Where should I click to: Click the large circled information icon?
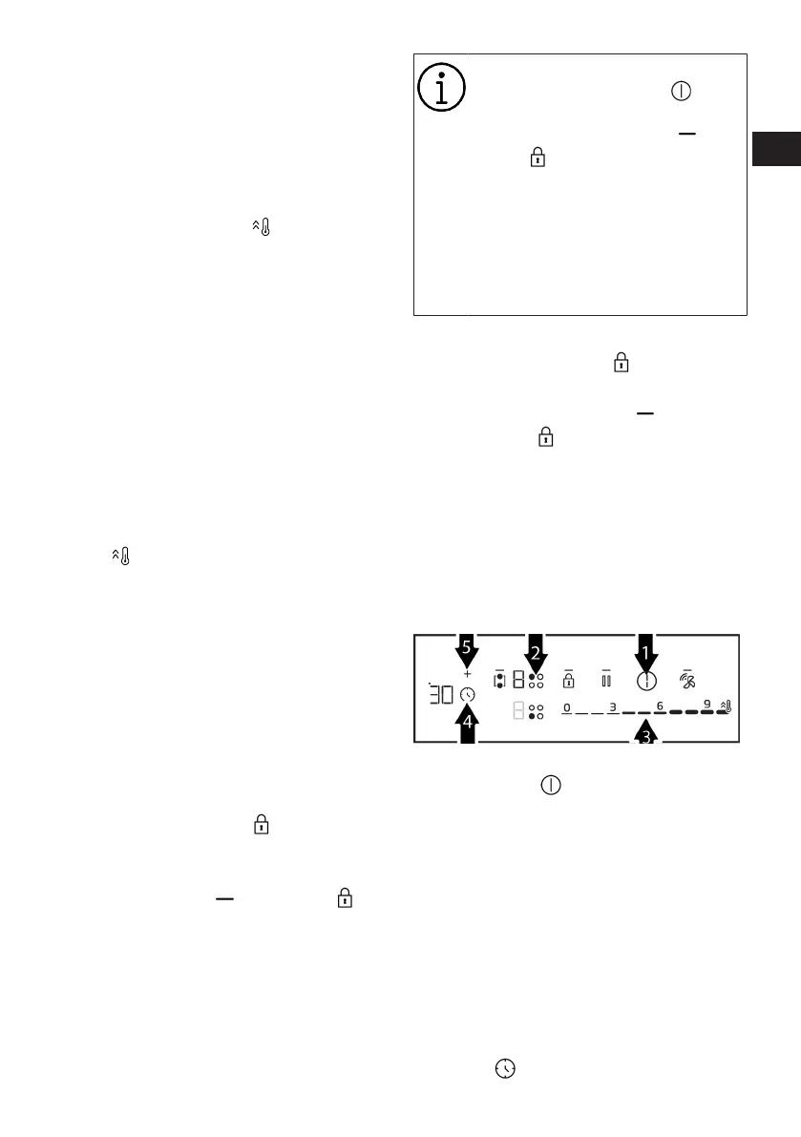pyautogui.click(x=441, y=89)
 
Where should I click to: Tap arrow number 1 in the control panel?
pyautogui.click(x=647, y=655)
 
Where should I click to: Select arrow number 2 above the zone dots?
pyautogui.click(x=536, y=653)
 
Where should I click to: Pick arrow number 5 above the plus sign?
pyautogui.click(x=467, y=649)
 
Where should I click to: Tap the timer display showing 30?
pyautogui.click(x=441, y=694)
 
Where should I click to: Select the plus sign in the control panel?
pyautogui.click(x=467, y=674)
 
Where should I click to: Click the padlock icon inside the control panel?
pyautogui.click(x=568, y=681)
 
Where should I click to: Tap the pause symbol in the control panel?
pyautogui.click(x=605, y=681)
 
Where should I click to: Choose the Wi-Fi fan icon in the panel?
pyautogui.click(x=687, y=681)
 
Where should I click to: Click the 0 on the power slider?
pyautogui.click(x=566, y=707)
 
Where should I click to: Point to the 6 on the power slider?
pyautogui.click(x=660, y=705)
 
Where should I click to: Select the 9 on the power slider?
pyautogui.click(x=706, y=705)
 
